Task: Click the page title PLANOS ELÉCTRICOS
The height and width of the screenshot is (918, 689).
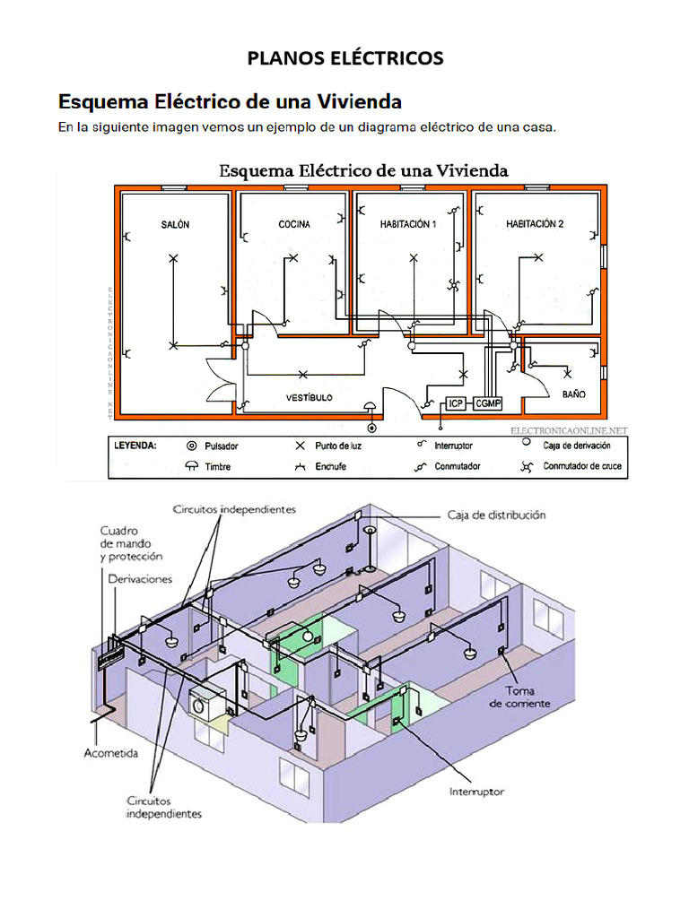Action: (344, 58)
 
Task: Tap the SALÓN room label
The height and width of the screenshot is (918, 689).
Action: (175, 225)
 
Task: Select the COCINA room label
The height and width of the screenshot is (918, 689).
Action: (293, 225)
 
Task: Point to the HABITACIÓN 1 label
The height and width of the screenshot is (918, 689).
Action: (407, 225)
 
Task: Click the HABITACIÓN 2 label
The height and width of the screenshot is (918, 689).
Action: (535, 225)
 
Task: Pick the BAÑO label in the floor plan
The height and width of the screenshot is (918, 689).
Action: (573, 394)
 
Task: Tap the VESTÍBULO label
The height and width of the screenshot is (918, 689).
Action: (309, 396)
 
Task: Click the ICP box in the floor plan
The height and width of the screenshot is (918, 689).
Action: (456, 403)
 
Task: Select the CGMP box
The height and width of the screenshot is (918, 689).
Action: (488, 403)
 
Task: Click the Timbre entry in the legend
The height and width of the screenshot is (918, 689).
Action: (218, 466)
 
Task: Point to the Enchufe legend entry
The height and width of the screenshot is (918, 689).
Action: (331, 466)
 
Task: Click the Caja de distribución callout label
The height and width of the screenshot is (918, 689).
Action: (496, 515)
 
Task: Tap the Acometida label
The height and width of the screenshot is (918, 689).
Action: (111, 753)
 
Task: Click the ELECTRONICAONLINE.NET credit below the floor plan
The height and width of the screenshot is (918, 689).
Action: (570, 431)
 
